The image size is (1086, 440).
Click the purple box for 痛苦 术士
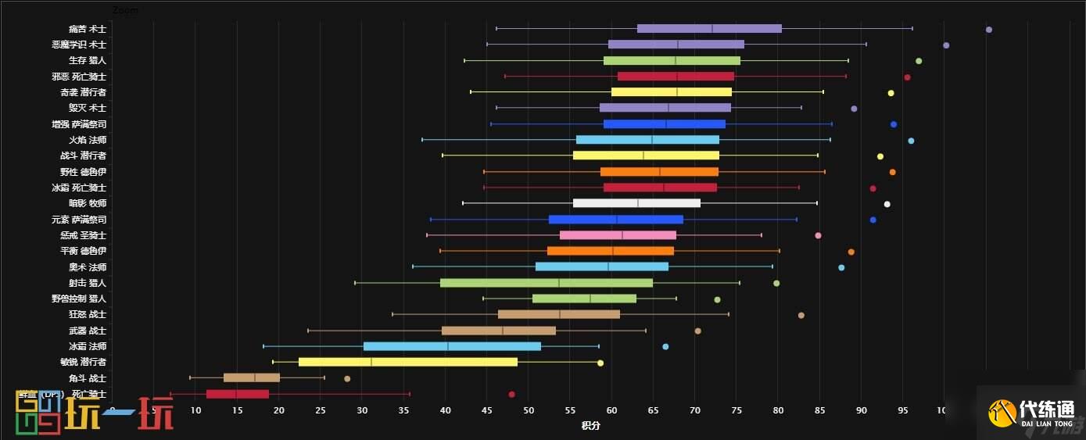point(709,29)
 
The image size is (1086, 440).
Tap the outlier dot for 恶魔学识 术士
point(946,45)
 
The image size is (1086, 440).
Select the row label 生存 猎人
point(87,60)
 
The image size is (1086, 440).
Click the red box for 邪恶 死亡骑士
point(676,77)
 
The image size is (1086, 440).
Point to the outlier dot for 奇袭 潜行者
point(891,93)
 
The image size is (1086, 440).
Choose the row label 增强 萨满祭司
point(78,124)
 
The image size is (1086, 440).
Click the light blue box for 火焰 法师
point(647,140)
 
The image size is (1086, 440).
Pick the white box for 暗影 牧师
point(636,203)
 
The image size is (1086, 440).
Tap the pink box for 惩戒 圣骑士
point(618,235)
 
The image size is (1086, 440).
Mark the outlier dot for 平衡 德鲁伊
point(851,252)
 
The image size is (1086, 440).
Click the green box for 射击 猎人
point(547,283)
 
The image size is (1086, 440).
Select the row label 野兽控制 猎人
point(78,299)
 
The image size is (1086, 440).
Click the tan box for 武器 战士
point(498,331)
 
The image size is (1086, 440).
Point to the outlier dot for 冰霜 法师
point(665,346)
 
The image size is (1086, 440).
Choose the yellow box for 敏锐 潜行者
point(407,362)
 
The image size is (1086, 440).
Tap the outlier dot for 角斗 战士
point(347,378)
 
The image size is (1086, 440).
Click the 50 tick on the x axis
point(529,410)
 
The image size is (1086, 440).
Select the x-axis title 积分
point(590,426)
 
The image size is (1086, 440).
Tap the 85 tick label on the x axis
point(819,410)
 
